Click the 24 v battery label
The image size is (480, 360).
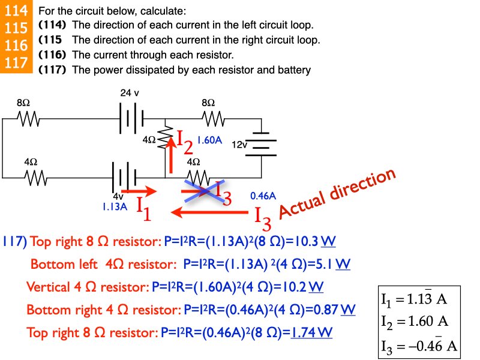[x=130, y=93]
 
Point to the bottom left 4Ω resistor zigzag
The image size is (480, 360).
[x=35, y=178]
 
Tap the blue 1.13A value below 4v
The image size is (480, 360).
[x=115, y=206]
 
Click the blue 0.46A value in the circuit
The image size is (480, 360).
[x=263, y=196]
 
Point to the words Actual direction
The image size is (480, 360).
[x=338, y=193]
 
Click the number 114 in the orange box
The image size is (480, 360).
[x=16, y=11]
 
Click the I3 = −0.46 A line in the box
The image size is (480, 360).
[x=419, y=346]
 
